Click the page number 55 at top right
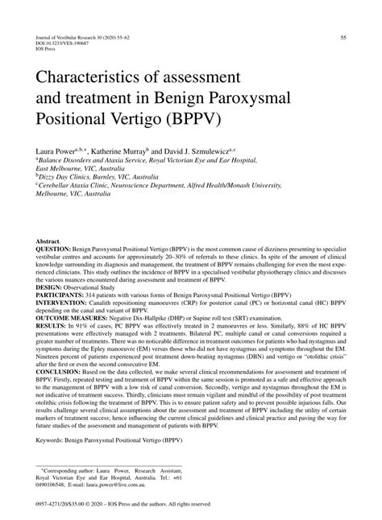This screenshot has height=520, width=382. coord(344,37)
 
